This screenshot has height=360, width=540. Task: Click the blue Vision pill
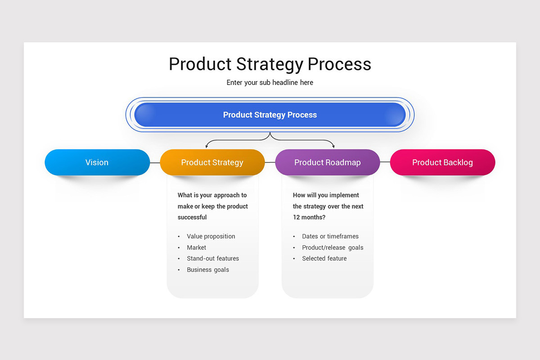pyautogui.click(x=97, y=162)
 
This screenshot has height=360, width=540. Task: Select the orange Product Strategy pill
pyautogui.click(x=212, y=162)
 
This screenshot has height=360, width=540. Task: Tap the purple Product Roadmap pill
pyautogui.click(x=327, y=162)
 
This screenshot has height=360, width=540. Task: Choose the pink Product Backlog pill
pyautogui.click(x=442, y=162)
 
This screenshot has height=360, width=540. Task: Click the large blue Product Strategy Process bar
pyautogui.click(x=270, y=115)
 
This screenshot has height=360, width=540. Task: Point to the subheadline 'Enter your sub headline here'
pyautogui.click(x=270, y=82)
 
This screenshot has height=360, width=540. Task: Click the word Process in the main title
pyautogui.click(x=339, y=64)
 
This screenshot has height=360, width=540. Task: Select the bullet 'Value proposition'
pyautogui.click(x=211, y=236)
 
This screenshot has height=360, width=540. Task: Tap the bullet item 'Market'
pyautogui.click(x=197, y=247)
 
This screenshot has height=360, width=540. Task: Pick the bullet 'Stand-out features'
pyautogui.click(x=213, y=258)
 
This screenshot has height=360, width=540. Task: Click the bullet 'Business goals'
pyautogui.click(x=208, y=270)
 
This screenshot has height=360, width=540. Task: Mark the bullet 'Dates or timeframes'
pyautogui.click(x=330, y=236)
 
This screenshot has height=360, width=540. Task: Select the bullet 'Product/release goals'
pyautogui.click(x=333, y=247)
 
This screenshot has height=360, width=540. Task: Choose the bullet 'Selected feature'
pyautogui.click(x=324, y=258)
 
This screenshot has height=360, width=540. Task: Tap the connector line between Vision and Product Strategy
pyautogui.click(x=155, y=162)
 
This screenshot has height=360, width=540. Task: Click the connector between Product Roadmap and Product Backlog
pyautogui.click(x=385, y=162)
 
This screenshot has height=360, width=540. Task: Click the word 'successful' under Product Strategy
pyautogui.click(x=192, y=217)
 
